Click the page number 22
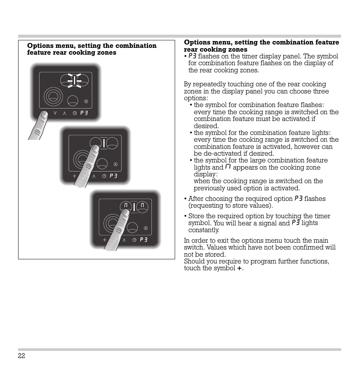[21, 356]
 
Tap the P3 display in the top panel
[84, 113]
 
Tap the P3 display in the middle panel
[114, 176]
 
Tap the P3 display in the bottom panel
[143, 240]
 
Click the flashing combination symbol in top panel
[75, 80]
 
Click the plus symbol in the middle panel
[74, 176]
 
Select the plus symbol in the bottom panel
[105, 240]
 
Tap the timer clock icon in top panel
[75, 113]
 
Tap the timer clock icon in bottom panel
[134, 240]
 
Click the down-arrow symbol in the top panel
[55, 113]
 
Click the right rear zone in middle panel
[112, 143]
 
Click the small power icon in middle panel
[115, 164]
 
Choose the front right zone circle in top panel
[73, 101]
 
